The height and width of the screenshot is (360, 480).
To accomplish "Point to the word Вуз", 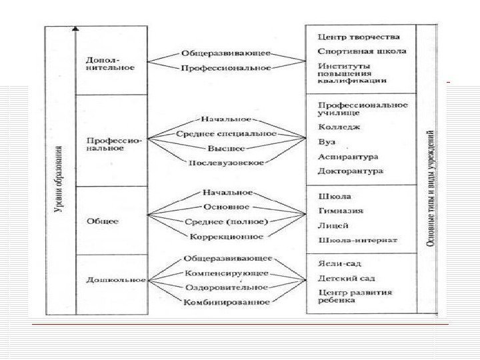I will click(x=327, y=142).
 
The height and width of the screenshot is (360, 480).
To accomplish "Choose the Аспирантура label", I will click(x=348, y=157).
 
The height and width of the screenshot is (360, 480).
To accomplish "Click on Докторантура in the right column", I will click(x=351, y=171).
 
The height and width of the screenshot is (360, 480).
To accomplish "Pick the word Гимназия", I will click(x=341, y=211).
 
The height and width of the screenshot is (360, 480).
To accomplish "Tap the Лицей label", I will click(x=332, y=225).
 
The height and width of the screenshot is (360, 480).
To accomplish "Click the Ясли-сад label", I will click(x=338, y=264).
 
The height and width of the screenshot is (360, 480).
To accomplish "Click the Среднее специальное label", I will click(x=227, y=134).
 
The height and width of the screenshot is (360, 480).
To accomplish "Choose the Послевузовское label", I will click(x=227, y=163).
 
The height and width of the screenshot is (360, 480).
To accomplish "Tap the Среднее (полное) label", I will click(x=227, y=221).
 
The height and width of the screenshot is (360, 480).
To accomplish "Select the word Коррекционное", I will click(x=227, y=236).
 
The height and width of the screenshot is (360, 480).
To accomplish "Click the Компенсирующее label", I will click(x=227, y=273).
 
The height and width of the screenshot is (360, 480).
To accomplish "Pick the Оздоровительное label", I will click(x=227, y=287).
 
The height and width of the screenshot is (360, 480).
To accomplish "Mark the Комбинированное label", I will click(x=227, y=302).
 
